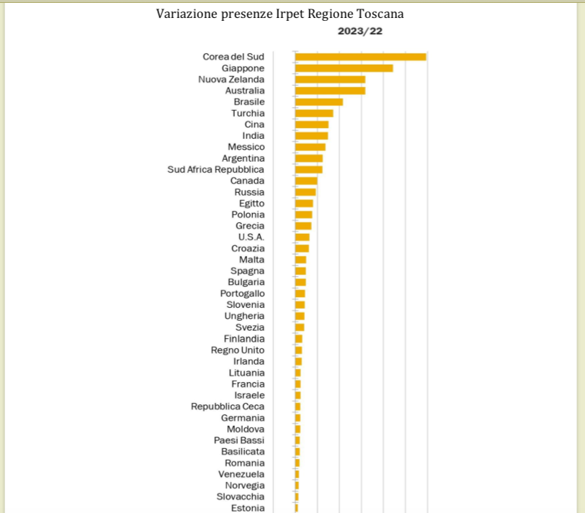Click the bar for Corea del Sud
coord(360,57)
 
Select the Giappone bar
coord(344,68)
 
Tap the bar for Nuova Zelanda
coord(330,79)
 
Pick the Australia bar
coord(330,91)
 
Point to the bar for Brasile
coord(318,102)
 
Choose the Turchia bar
coord(314,113)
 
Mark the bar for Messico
coord(310,147)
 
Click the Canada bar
coord(306,181)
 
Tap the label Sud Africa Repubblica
coord(215,170)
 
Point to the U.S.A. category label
coord(251,237)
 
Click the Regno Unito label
coord(237,350)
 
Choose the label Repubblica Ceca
coord(228,407)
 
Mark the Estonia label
coord(247,508)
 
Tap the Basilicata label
coord(243,452)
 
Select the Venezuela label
coord(241,474)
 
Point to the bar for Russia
coord(305,192)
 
